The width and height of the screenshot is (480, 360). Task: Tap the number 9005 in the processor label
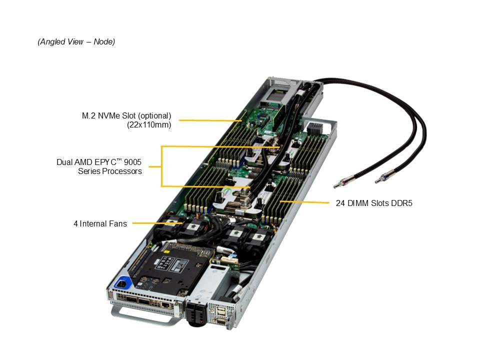tap(132, 162)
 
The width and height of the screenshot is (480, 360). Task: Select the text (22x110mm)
tap(149, 125)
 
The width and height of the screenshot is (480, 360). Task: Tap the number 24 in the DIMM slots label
tap(340, 203)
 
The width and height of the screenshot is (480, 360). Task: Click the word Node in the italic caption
tap(104, 41)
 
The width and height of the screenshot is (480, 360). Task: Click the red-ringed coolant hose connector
tap(340, 182)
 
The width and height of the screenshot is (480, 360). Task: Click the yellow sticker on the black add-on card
tap(167, 251)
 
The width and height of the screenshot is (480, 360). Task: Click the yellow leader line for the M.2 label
tap(211, 120)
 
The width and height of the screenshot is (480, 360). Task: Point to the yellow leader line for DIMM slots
tap(304, 202)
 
